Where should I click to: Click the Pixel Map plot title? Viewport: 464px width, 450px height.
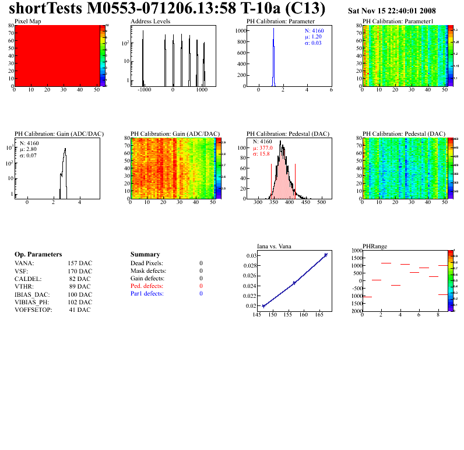tap(27, 21)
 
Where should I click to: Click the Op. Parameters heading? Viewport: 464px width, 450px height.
tap(38, 255)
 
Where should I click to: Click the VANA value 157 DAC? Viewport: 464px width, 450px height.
tap(80, 263)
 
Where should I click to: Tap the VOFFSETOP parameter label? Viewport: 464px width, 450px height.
tap(33, 310)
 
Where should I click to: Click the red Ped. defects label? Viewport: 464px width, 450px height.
tap(147, 286)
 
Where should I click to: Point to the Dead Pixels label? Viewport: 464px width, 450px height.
tap(147, 263)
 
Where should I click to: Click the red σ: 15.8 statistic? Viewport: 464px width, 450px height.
tap(263, 154)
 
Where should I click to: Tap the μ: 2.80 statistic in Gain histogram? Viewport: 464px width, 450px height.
tap(29, 149)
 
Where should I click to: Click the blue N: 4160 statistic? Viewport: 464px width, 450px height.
tap(314, 30)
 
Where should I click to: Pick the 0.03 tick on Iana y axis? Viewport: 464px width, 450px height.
tap(251, 256)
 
